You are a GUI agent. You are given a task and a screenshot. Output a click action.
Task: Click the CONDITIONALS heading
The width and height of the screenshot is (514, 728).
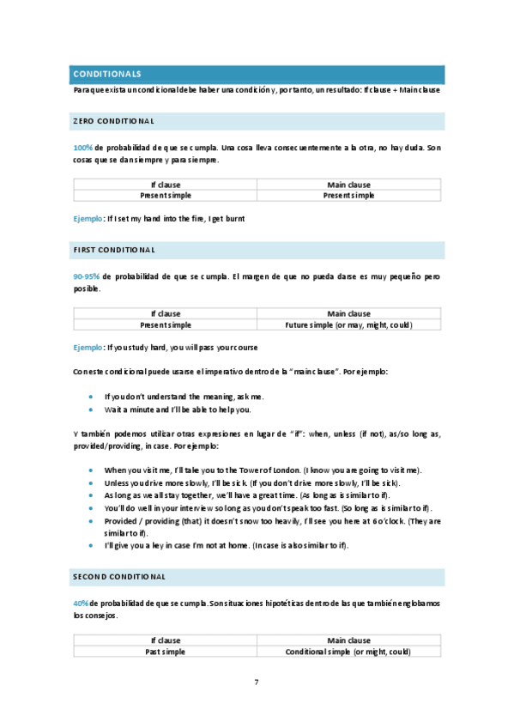(x=107, y=75)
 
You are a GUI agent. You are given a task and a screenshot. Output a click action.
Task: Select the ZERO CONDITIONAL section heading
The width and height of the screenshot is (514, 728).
(x=113, y=120)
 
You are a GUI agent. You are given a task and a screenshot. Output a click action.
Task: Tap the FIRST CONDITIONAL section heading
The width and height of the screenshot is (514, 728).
(x=114, y=250)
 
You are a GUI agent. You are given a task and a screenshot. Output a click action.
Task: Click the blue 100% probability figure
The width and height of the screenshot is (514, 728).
(x=82, y=148)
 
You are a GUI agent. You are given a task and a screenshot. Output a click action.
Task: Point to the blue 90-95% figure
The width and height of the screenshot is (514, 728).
(x=87, y=276)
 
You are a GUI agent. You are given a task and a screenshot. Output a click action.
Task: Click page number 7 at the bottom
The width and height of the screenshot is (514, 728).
(x=257, y=682)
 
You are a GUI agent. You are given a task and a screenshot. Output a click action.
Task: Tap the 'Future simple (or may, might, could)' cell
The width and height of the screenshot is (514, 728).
(x=348, y=325)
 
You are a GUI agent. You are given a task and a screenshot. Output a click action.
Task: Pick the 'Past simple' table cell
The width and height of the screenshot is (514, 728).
(x=166, y=652)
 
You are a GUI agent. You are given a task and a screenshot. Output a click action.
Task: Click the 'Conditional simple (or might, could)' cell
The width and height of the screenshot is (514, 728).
(x=348, y=652)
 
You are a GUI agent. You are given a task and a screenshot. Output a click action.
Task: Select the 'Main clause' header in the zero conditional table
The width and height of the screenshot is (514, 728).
(x=348, y=185)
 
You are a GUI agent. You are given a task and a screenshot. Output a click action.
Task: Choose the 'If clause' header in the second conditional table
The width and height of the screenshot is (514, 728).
(x=166, y=640)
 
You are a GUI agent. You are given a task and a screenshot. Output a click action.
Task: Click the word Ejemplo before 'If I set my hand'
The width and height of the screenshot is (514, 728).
(x=87, y=219)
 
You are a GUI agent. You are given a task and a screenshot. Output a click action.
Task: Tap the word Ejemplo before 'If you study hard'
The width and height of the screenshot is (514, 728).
(x=87, y=348)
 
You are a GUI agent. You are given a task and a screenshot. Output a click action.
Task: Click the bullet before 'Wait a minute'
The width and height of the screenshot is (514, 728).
(x=92, y=409)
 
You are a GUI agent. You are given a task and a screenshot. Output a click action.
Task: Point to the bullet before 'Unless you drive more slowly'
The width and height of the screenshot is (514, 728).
(x=92, y=483)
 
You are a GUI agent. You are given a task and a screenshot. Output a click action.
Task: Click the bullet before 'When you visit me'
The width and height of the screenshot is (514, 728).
(x=92, y=470)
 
